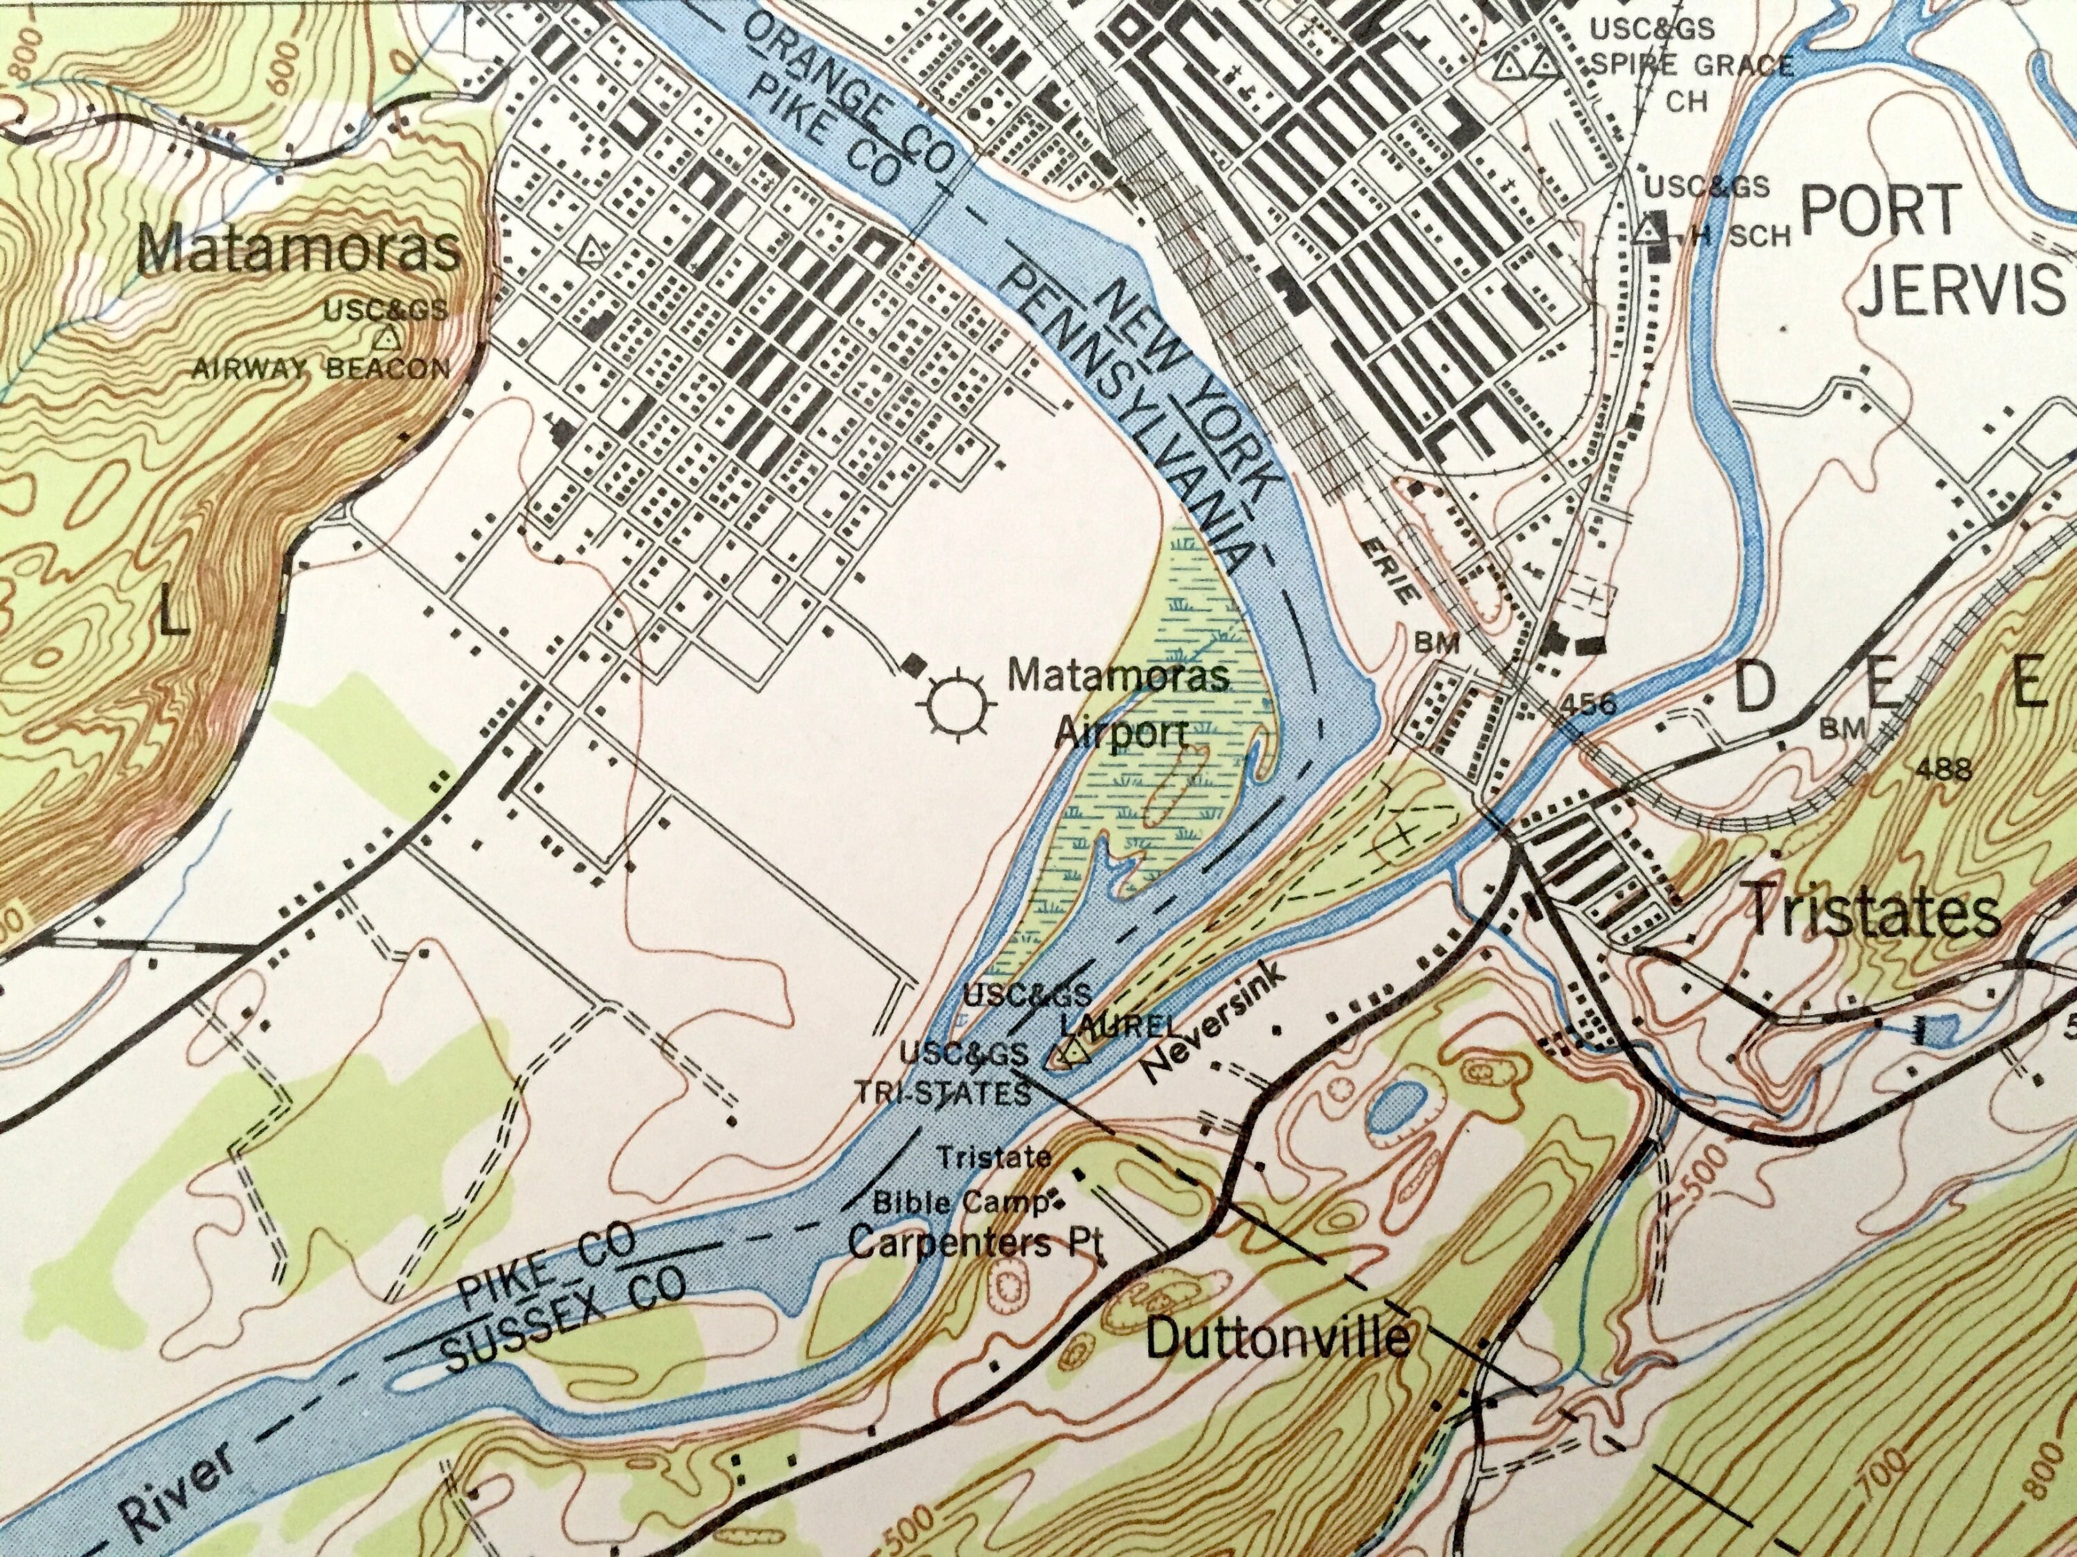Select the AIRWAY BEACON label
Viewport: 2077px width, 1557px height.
click(x=320, y=369)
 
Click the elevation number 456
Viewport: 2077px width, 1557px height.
click(x=1586, y=704)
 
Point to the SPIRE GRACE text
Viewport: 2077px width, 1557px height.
click(x=1690, y=66)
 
